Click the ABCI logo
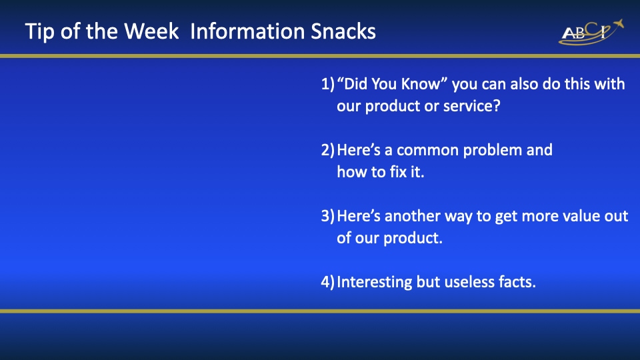(x=591, y=32)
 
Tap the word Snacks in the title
(x=343, y=31)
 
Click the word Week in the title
(x=151, y=31)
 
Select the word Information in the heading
(x=248, y=31)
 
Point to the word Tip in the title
(x=39, y=32)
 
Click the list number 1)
(x=328, y=84)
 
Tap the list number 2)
(x=328, y=150)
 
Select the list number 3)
(x=328, y=216)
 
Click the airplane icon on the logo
(x=618, y=24)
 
